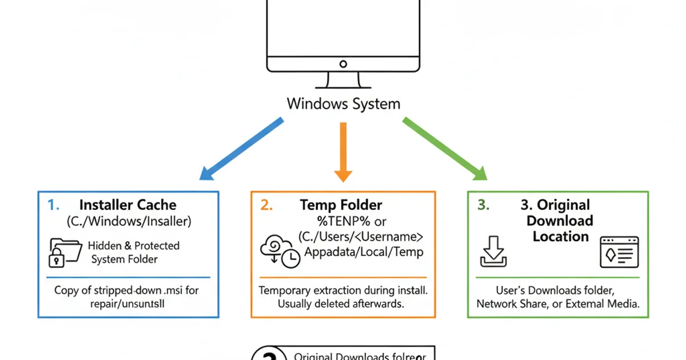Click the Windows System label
[343, 104]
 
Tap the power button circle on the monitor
[343, 64]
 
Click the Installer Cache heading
[127, 205]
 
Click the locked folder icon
[65, 253]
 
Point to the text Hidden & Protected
[133, 246]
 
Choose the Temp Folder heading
[341, 205]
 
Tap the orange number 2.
[266, 205]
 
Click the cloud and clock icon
[280, 252]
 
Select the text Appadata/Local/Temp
[364, 252]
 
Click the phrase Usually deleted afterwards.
[341, 304]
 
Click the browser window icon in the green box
[618, 253]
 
